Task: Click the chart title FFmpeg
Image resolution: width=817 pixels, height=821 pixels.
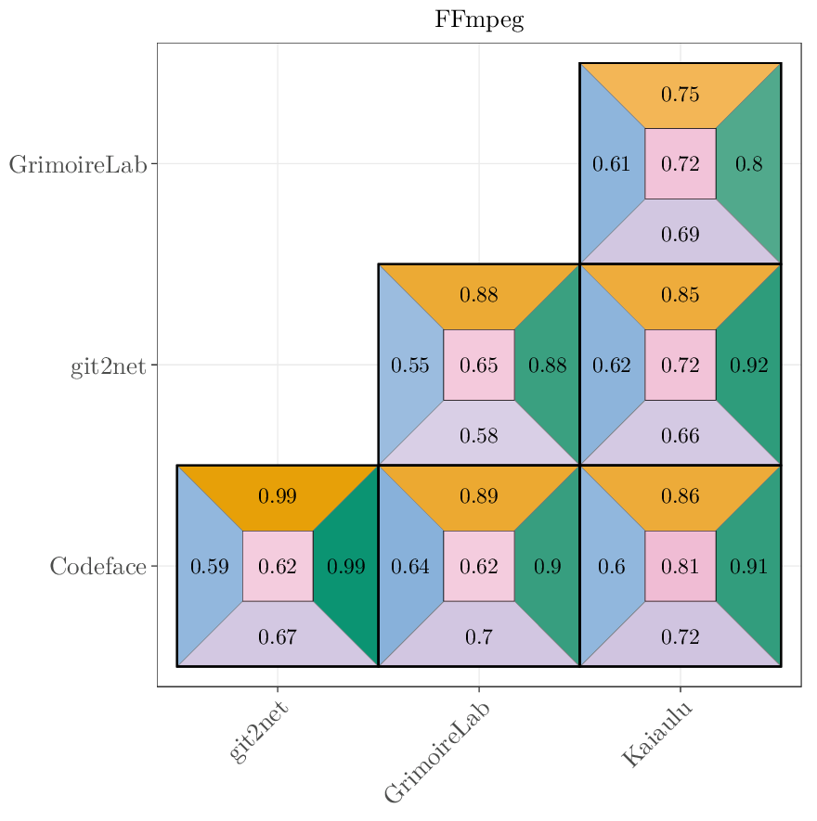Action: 479,20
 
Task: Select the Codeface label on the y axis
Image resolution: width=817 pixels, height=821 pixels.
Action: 97,566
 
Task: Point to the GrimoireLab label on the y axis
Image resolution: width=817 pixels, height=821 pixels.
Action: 78,164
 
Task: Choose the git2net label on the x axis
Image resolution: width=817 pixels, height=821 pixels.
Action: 258,732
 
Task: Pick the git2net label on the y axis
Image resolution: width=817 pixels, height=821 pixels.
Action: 108,366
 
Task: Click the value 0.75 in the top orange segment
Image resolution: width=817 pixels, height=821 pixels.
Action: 680,95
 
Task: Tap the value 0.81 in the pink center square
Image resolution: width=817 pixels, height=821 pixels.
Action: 680,566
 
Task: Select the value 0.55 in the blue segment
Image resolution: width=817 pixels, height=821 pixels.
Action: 409,366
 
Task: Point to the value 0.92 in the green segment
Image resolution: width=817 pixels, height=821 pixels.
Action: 748,366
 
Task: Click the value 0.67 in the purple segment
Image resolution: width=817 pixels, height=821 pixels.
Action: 277,637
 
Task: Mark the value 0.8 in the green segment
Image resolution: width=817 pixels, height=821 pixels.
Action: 748,164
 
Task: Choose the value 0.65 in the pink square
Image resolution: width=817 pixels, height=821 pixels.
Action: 479,366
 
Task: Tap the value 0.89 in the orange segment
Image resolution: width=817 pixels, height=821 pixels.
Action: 479,497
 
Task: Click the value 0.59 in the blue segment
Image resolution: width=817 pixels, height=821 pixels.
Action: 209,566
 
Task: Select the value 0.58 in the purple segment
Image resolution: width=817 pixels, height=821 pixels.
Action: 479,436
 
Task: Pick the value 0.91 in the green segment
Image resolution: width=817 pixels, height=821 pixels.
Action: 748,566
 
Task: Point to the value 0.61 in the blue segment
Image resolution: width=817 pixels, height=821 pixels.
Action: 611,164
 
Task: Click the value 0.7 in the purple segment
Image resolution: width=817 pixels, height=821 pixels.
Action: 479,637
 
